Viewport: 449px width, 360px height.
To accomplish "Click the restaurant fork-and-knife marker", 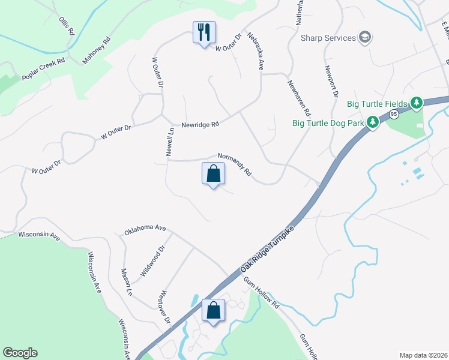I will [204, 31].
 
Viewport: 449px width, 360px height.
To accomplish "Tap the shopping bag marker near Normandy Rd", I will [213, 174].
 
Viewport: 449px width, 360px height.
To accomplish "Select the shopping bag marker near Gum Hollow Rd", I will [213, 311].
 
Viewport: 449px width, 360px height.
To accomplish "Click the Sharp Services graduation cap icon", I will [364, 38].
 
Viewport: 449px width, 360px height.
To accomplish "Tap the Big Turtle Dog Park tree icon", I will [373, 123].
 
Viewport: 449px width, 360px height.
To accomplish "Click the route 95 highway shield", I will [394, 114].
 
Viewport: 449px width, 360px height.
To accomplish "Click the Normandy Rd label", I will [235, 163].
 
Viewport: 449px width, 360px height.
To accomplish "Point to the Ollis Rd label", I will [66, 26].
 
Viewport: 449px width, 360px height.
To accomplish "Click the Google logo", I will [20, 352].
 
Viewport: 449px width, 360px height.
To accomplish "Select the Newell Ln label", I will [170, 142].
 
